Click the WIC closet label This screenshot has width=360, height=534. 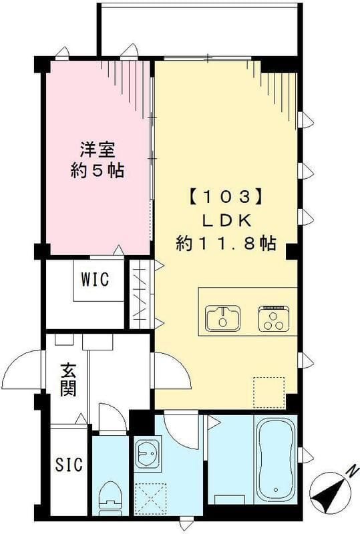click(94, 278)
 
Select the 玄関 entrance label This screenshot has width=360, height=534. click(67, 379)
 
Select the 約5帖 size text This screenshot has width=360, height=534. click(96, 171)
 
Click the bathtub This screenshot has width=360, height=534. click(275, 460)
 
